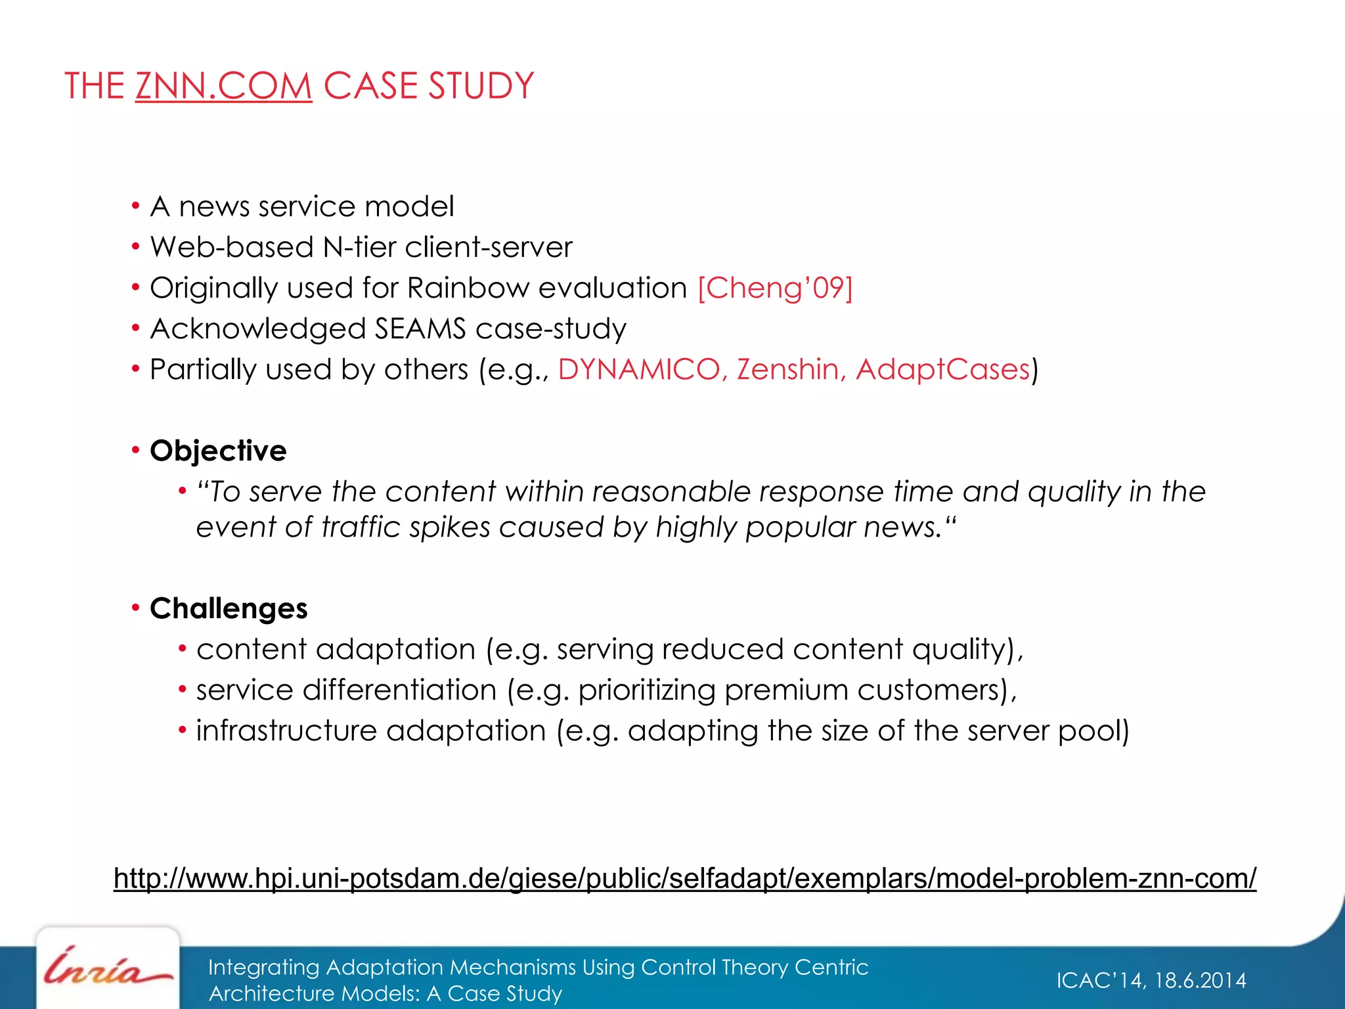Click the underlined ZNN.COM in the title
[x=223, y=86]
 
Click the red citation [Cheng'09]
[x=775, y=288]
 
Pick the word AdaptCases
[x=943, y=369]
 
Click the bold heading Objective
[x=218, y=451]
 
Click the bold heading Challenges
[x=229, y=608]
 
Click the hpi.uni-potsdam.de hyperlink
[x=684, y=878]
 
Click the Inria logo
[x=108, y=968]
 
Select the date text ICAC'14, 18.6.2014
[x=1151, y=980]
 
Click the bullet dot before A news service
[x=135, y=207]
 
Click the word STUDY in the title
[x=481, y=86]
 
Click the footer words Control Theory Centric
[x=754, y=967]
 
